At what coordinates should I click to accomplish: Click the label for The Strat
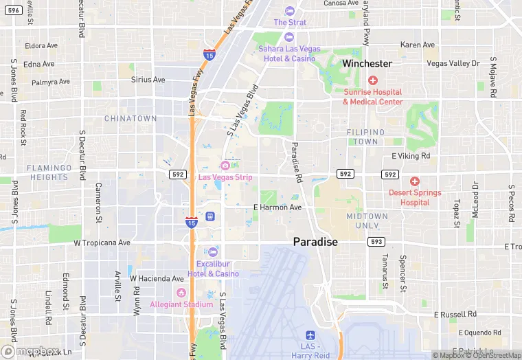[290, 22]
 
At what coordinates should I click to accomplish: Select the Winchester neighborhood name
[367, 63]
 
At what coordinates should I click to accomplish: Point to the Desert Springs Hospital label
[414, 198]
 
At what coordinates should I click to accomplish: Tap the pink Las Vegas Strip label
[225, 177]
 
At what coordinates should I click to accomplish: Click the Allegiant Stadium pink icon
[181, 293]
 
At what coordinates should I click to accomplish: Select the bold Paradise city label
[315, 242]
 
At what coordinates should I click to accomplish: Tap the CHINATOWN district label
[130, 118]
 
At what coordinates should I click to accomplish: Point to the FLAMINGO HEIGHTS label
[49, 172]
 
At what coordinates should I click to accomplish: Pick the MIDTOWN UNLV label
[367, 221]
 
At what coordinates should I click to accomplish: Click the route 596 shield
[13, 10]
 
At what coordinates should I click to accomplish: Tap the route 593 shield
[376, 242]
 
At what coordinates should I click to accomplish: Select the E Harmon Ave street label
[277, 207]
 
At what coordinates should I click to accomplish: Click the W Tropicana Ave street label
[102, 243]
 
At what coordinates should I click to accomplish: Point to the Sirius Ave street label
[148, 80]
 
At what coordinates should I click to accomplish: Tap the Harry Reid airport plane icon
[310, 335]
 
